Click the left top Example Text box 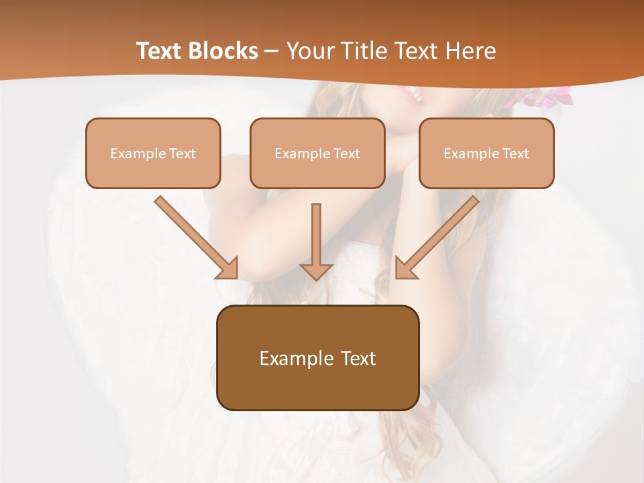[x=153, y=153]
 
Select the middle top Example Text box [x=317, y=153]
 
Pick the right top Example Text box [x=486, y=153]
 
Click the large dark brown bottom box [x=317, y=358]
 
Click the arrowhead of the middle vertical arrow [x=316, y=271]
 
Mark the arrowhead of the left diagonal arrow [x=228, y=268]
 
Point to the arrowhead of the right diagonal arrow [x=405, y=268]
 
